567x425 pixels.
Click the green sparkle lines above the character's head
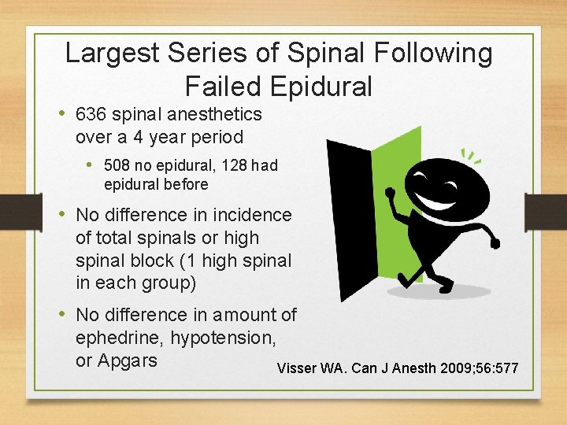(x=470, y=156)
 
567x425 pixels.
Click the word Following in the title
(x=435, y=54)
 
